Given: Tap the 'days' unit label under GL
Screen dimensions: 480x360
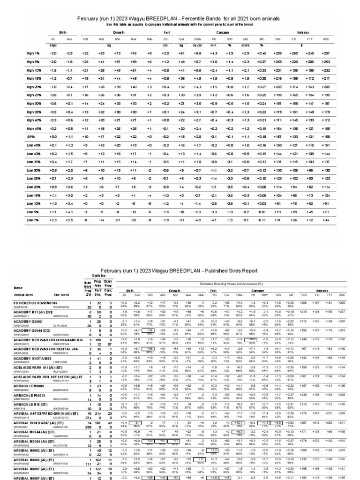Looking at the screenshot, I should point(53,45).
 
